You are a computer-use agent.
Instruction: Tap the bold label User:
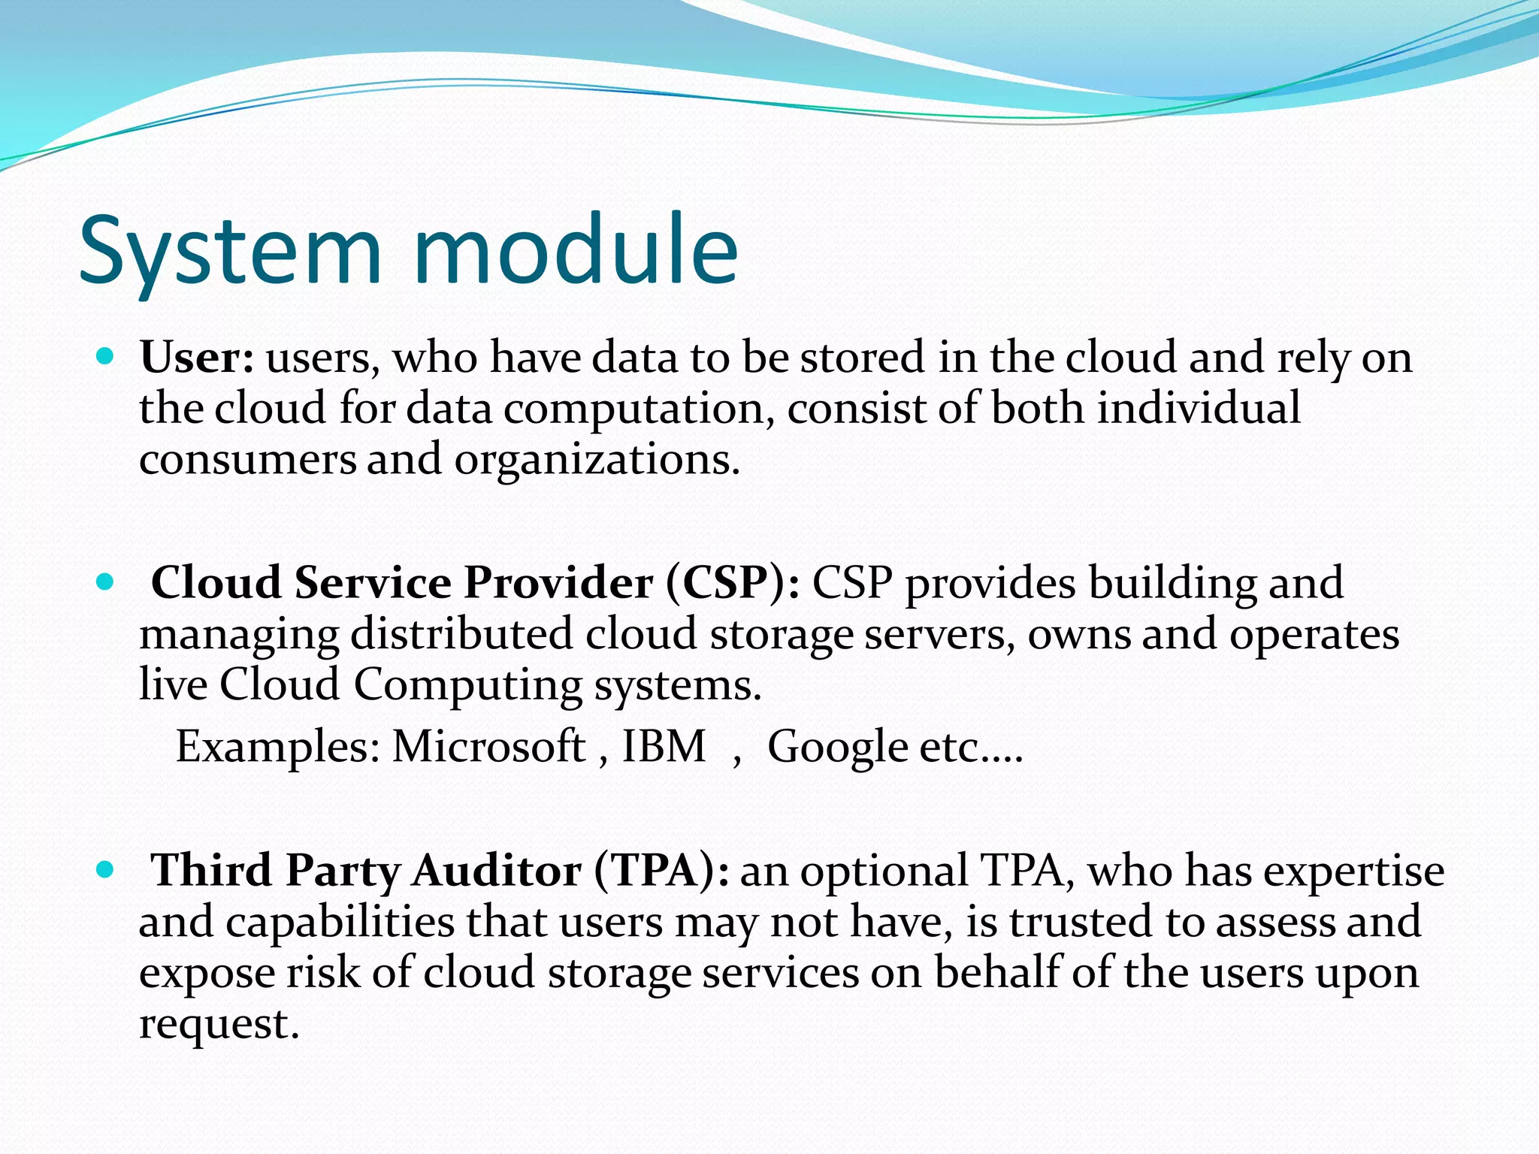[197, 357]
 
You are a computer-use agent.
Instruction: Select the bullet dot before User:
[105, 355]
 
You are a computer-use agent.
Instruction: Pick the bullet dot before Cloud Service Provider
[105, 581]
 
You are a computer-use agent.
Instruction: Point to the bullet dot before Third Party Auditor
[105, 869]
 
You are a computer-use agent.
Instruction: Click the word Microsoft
[488, 747]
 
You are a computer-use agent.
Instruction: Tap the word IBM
[664, 747]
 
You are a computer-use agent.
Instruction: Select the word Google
[837, 748]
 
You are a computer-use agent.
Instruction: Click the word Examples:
[278, 748]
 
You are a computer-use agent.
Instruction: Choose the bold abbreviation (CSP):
[733, 583]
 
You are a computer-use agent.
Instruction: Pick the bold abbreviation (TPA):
[661, 872]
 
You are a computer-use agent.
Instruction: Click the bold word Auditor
[496, 872]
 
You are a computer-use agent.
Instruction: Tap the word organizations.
[597, 461]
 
